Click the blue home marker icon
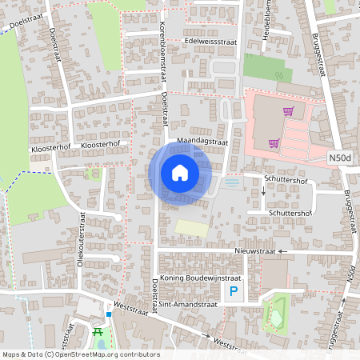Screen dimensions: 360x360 180,173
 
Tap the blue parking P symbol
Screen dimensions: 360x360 234,293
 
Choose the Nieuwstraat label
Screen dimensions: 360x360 255,251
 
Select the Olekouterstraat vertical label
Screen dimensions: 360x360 81,237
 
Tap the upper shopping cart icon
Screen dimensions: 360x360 288,111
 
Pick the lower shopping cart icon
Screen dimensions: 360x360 274,144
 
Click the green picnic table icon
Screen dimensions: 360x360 98,332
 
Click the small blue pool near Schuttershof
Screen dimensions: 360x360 232,183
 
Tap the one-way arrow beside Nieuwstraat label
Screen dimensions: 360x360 282,251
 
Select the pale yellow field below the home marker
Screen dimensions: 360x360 190,227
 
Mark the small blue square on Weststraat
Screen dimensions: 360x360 108,314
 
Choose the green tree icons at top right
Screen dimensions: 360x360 280,76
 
